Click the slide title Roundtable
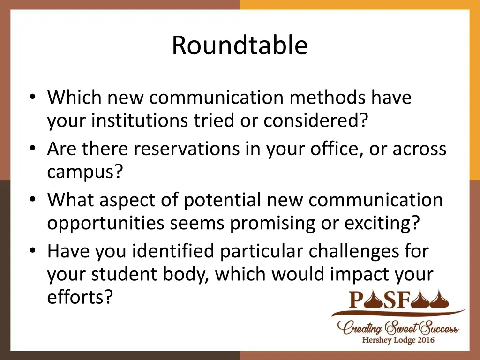(240, 45)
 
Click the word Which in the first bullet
(74, 97)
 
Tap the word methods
(326, 97)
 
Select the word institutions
(141, 121)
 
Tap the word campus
(84, 172)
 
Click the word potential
(222, 200)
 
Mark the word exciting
(381, 224)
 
